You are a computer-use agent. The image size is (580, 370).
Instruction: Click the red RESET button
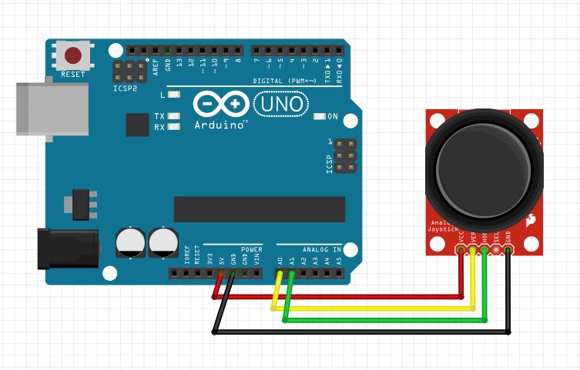click(x=73, y=55)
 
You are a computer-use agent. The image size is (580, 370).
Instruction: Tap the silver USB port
click(x=35, y=112)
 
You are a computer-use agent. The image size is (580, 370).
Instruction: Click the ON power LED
click(x=320, y=117)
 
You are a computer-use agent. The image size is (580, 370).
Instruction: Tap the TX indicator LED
click(x=174, y=116)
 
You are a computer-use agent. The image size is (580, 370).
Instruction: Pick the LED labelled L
click(x=174, y=95)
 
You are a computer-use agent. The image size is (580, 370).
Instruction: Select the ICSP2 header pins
click(x=132, y=73)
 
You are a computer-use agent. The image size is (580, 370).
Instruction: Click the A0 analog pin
click(x=279, y=272)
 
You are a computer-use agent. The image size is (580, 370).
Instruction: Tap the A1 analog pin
click(x=291, y=272)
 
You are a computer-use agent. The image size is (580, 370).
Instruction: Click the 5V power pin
click(x=221, y=272)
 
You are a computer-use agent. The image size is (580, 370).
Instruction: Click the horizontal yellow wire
click(x=370, y=308)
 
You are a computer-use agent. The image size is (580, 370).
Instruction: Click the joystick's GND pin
click(x=508, y=251)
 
